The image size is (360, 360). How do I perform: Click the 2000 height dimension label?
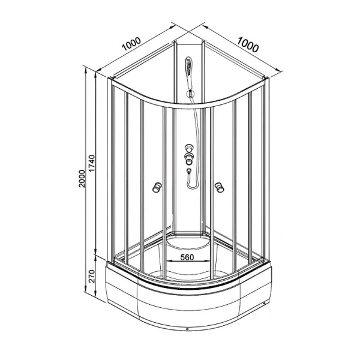(82, 179)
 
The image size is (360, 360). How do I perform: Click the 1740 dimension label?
(92, 163)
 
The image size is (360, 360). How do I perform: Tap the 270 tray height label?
(91, 277)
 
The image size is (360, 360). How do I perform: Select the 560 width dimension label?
(187, 257)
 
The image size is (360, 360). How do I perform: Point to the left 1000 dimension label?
(131, 44)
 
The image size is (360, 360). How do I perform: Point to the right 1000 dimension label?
(248, 44)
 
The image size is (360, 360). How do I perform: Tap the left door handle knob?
(157, 187)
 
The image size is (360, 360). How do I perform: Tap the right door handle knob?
(219, 187)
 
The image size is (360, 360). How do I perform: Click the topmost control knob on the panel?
(189, 148)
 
